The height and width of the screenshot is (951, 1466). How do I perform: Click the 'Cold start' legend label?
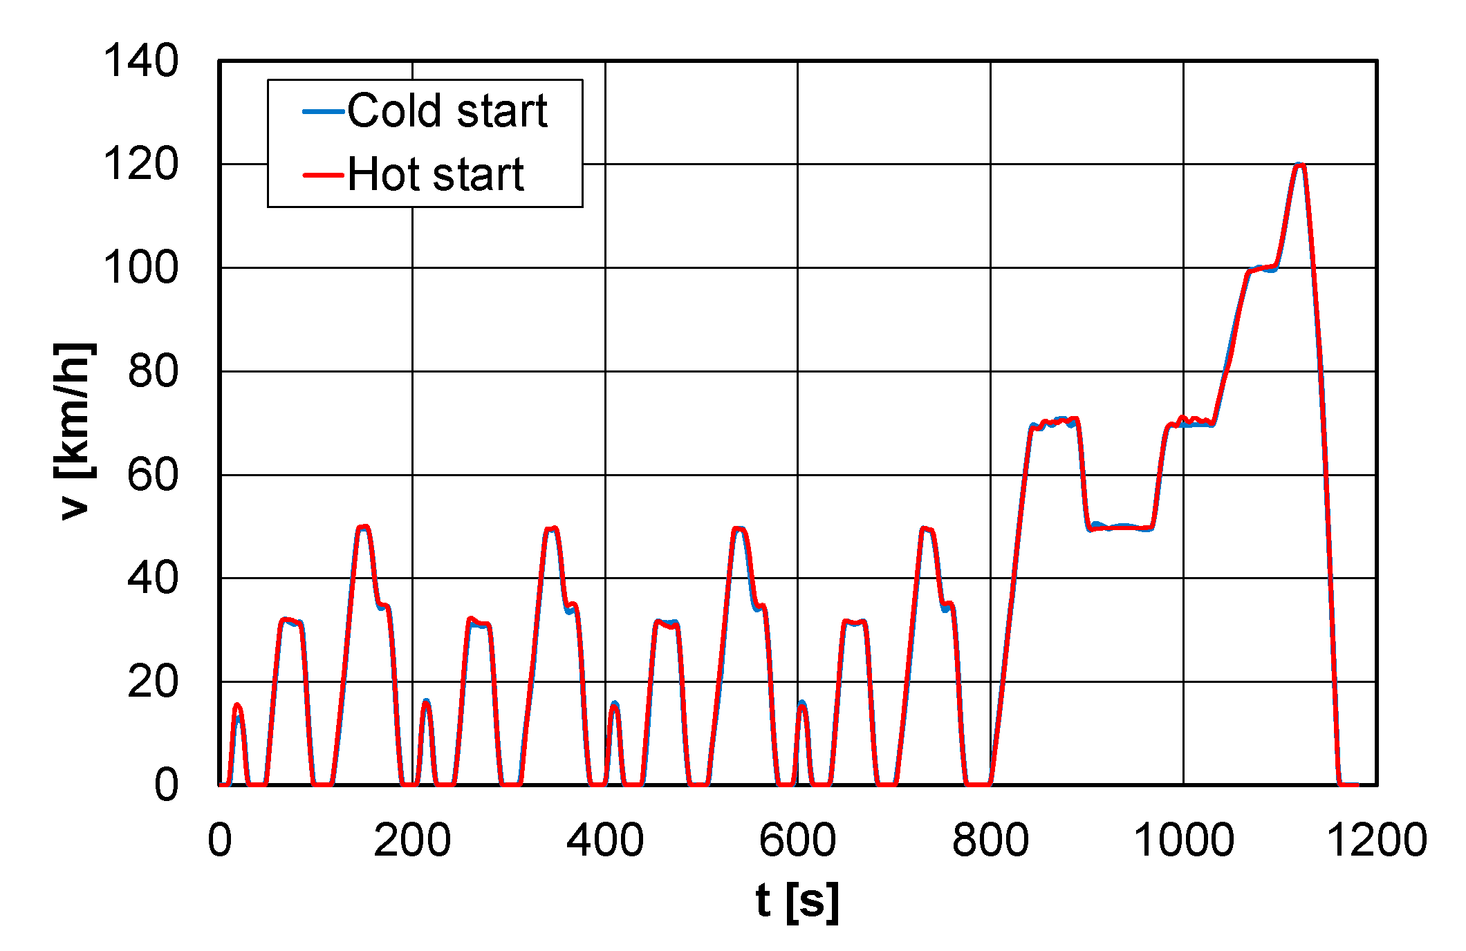pos(447,111)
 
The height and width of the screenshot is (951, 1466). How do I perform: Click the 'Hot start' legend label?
pos(436,174)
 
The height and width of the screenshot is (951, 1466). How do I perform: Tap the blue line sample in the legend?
pos(323,111)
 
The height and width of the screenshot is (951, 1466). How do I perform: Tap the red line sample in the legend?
pos(323,175)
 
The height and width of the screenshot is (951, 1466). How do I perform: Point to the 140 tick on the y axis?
pos(140,61)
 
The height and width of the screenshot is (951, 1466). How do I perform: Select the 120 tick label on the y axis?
pos(140,164)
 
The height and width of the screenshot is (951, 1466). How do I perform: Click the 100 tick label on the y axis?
pos(140,268)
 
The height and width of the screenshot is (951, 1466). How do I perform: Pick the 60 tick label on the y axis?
pos(153,475)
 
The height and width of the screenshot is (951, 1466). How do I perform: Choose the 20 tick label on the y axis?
pos(153,682)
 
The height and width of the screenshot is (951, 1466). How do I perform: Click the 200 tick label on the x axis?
pos(412,840)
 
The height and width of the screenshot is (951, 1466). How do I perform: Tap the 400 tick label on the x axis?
pos(605,840)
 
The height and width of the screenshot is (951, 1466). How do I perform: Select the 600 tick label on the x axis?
pos(797,840)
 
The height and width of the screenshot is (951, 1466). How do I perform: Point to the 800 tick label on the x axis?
pos(990,840)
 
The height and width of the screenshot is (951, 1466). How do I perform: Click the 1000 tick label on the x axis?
pos(1183,840)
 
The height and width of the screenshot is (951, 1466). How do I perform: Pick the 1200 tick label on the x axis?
pos(1376,840)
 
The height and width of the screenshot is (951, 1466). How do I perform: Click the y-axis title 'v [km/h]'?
pos(75,430)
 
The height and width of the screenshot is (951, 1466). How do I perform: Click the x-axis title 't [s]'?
pos(797,902)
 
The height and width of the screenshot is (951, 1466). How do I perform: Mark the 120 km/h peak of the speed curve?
pos(1299,165)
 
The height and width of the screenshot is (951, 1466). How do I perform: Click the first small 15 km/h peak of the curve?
pos(237,706)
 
